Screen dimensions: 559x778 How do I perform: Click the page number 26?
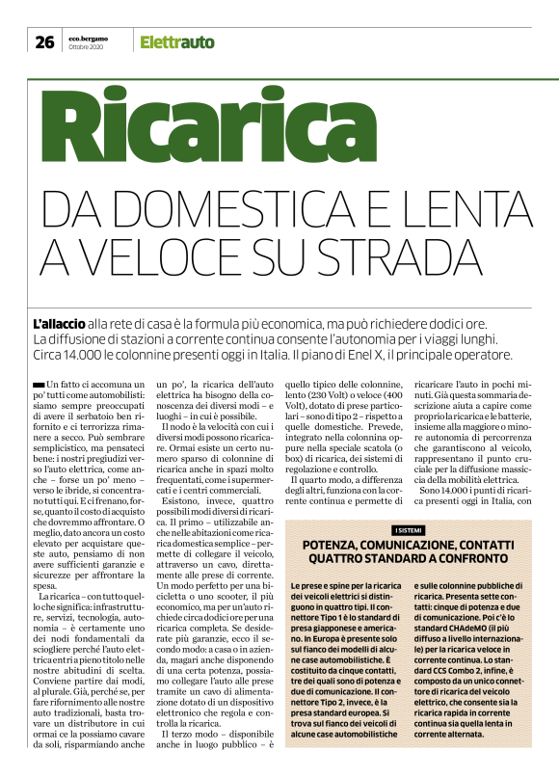coord(44,41)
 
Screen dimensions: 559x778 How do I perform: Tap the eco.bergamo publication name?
coord(88,38)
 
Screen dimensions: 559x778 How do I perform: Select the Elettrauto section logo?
coord(177,41)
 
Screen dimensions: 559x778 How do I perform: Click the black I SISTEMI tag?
coord(408,531)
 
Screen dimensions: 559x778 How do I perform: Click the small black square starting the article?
coord(37,385)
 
